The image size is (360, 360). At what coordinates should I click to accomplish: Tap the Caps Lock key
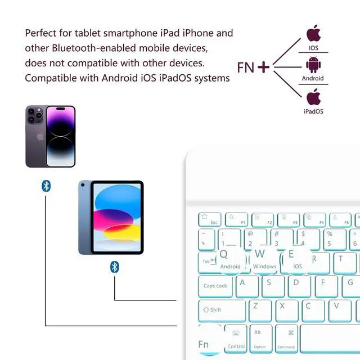click(x=216, y=286)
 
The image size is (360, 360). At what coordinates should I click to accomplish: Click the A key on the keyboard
click(x=244, y=285)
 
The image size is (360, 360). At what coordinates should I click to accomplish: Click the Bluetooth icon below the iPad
click(x=115, y=267)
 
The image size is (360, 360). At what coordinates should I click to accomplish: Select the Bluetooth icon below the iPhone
click(x=46, y=186)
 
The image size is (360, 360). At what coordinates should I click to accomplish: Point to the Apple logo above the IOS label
click(x=313, y=33)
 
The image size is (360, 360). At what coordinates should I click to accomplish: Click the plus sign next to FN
click(x=263, y=67)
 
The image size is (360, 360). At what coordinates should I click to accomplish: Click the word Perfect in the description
click(x=40, y=33)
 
